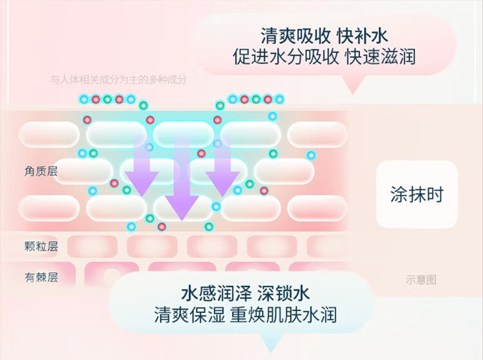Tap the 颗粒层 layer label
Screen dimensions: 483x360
[41, 246]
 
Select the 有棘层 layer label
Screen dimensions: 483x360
[41, 278]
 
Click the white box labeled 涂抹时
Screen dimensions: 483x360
[417, 194]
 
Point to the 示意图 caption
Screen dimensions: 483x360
[421, 279]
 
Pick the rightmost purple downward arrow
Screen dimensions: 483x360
[223, 166]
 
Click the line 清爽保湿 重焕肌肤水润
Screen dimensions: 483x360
[245, 315]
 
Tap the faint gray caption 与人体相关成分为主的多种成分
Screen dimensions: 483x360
[118, 80]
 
